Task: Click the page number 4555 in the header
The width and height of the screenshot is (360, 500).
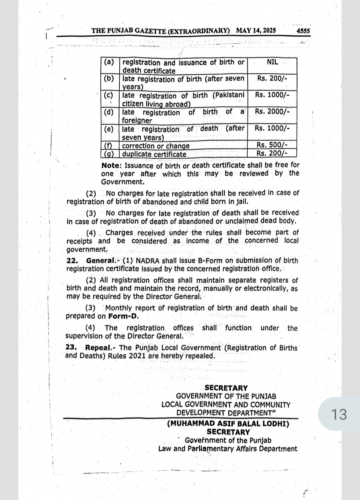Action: (x=303, y=31)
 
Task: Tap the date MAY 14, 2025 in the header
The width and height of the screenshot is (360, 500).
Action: (x=256, y=31)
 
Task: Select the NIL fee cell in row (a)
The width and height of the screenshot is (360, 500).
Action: (x=272, y=62)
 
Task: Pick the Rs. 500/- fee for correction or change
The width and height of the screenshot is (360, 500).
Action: (x=272, y=145)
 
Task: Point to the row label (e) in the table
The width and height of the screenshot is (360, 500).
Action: (x=109, y=129)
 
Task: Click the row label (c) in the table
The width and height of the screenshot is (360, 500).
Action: (x=109, y=95)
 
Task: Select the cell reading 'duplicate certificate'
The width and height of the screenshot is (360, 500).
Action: (x=154, y=154)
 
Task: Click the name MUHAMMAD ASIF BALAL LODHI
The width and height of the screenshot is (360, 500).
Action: (x=228, y=424)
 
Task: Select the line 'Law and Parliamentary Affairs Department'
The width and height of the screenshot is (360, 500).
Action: (x=228, y=449)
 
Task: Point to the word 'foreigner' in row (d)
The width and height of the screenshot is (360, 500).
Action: (x=137, y=120)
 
